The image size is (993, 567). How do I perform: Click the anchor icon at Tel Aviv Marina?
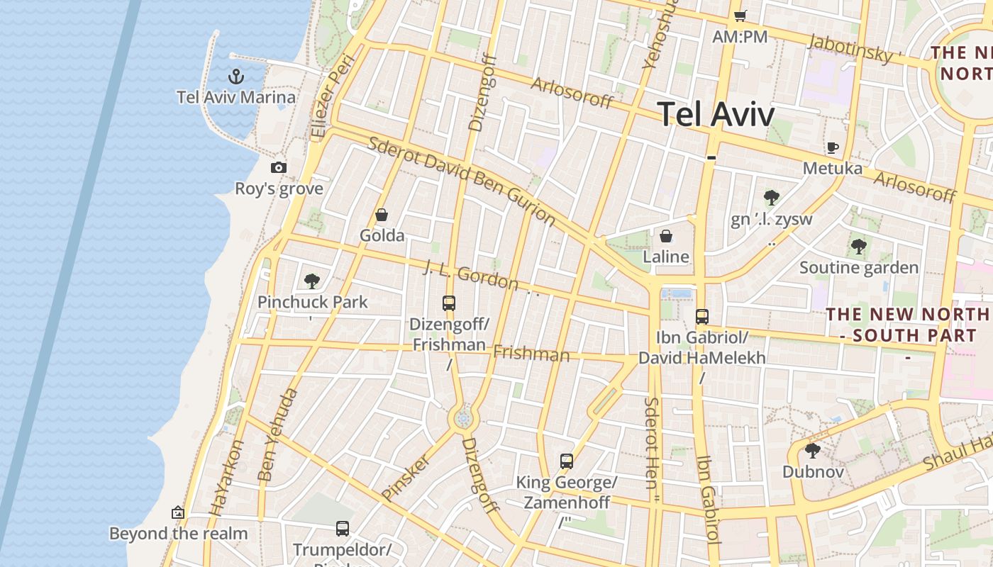[235, 77]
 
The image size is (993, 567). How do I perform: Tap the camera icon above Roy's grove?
[279, 168]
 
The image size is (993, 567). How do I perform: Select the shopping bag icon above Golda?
[382, 215]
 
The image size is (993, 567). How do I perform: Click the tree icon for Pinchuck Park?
[312, 281]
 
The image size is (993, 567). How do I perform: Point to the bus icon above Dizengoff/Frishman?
[449, 303]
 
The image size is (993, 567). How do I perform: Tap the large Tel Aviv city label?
[716, 113]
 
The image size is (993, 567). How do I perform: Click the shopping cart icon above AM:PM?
[740, 16]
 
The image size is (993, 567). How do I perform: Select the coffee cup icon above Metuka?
[833, 148]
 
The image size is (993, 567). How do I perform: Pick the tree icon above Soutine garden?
[859, 247]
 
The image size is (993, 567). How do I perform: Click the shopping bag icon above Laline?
[666, 236]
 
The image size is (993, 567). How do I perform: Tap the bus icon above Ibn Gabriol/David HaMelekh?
[702, 317]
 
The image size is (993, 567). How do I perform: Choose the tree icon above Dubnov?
[813, 451]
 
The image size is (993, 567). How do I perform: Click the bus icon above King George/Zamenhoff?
[566, 461]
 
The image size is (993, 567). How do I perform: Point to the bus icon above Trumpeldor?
[343, 529]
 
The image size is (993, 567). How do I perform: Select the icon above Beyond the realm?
[178, 512]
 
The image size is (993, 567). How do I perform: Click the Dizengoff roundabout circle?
[464, 419]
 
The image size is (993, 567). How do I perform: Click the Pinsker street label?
[406, 477]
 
